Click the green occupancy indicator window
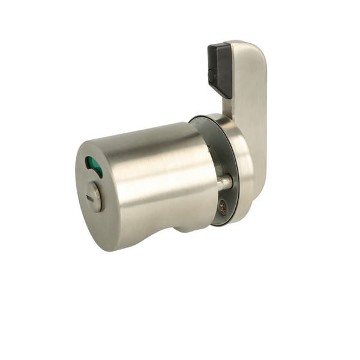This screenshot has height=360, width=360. pos(94,166)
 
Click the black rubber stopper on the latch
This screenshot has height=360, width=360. pos(219,69)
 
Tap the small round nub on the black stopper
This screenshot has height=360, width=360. pos(211,76)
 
